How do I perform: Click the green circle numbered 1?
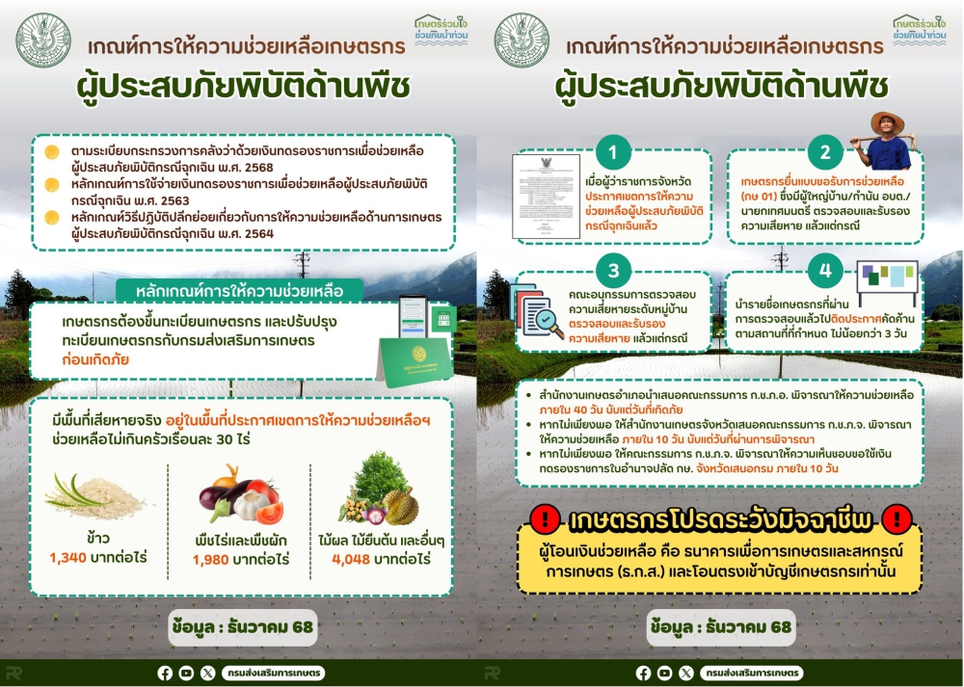point(613,151)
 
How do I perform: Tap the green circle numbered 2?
point(824,151)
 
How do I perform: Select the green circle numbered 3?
point(613,269)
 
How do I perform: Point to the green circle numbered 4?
point(824,271)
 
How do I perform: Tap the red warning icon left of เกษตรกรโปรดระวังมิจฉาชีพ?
point(545,520)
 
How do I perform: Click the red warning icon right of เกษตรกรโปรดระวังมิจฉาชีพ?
point(897,520)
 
